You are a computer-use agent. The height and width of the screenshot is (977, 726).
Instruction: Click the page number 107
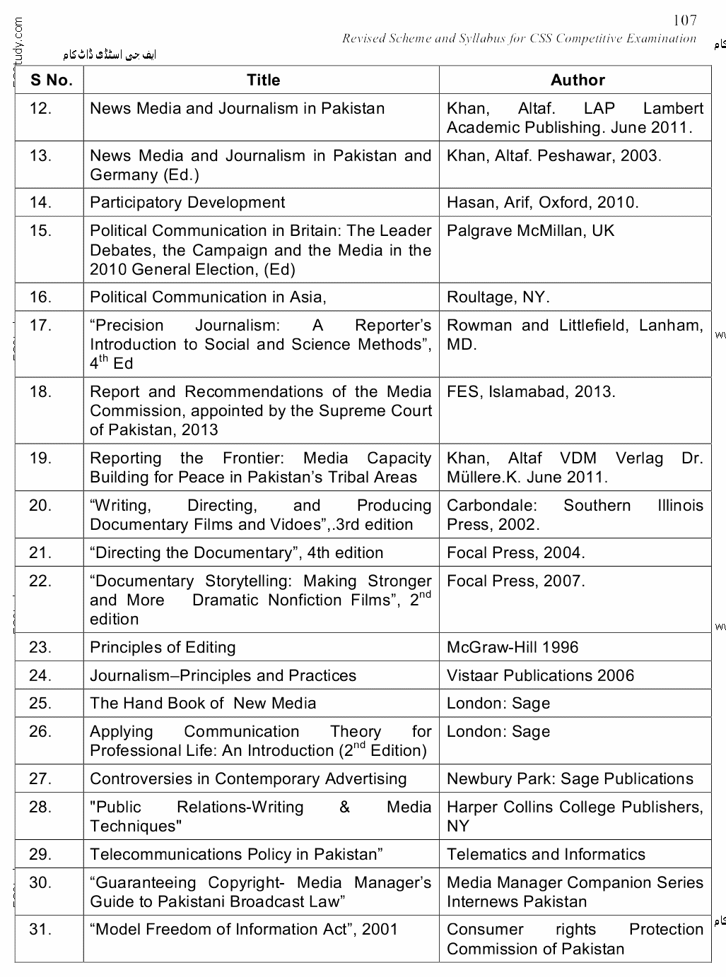click(684, 20)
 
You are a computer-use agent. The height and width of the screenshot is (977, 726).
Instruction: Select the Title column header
click(263, 81)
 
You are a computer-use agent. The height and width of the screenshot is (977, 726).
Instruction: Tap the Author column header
click(577, 81)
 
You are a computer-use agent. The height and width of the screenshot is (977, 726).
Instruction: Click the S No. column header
click(51, 81)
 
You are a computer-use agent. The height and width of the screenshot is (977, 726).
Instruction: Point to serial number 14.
click(40, 203)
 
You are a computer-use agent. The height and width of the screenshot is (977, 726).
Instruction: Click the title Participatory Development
click(187, 203)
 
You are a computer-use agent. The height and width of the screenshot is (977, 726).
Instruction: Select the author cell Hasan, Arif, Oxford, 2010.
click(542, 203)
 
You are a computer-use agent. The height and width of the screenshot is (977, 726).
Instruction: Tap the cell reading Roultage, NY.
click(498, 297)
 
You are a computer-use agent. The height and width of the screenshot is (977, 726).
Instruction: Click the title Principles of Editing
click(163, 647)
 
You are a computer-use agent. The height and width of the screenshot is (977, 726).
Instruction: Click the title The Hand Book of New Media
click(203, 704)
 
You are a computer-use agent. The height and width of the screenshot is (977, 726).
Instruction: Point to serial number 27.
click(40, 779)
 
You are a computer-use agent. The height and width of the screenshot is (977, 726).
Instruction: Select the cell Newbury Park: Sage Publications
click(570, 779)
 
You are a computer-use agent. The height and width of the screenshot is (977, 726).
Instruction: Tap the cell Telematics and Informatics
click(546, 855)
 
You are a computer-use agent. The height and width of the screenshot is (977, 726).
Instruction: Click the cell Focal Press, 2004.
click(515, 553)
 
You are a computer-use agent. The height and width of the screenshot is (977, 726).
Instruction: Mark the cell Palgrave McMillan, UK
click(530, 231)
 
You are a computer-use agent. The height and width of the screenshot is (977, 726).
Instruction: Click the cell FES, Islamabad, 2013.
click(530, 392)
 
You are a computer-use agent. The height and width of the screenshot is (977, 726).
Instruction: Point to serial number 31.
click(40, 930)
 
